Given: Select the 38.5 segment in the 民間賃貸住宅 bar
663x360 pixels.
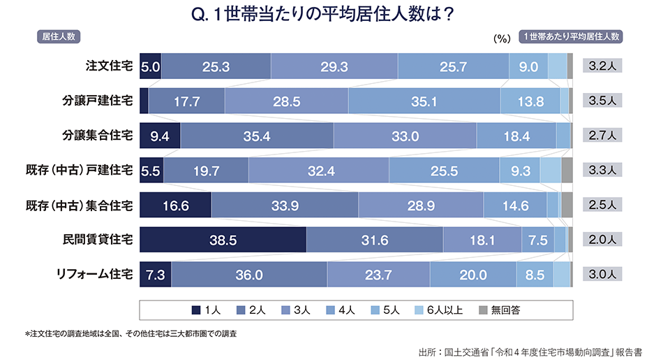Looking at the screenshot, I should click(x=223, y=240).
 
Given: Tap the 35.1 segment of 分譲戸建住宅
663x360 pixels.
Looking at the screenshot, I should click(x=424, y=101).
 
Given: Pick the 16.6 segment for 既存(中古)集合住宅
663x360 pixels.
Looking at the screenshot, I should click(x=175, y=206).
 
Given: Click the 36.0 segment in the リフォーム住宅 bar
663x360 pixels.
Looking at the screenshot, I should click(x=248, y=275).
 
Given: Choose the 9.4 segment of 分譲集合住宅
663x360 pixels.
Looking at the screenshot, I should click(x=160, y=136).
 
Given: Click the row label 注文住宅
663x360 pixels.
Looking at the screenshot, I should click(x=109, y=66).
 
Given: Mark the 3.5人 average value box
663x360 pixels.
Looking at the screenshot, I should click(x=602, y=101).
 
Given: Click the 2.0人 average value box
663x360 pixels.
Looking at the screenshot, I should click(x=602, y=240).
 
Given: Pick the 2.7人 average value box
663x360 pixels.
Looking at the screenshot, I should click(x=602, y=136).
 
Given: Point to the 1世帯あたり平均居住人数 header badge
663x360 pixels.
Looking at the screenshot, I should click(x=572, y=36).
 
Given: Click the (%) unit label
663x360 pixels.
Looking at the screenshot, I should click(x=502, y=40).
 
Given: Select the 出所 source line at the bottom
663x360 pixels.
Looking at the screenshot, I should click(x=530, y=351).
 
